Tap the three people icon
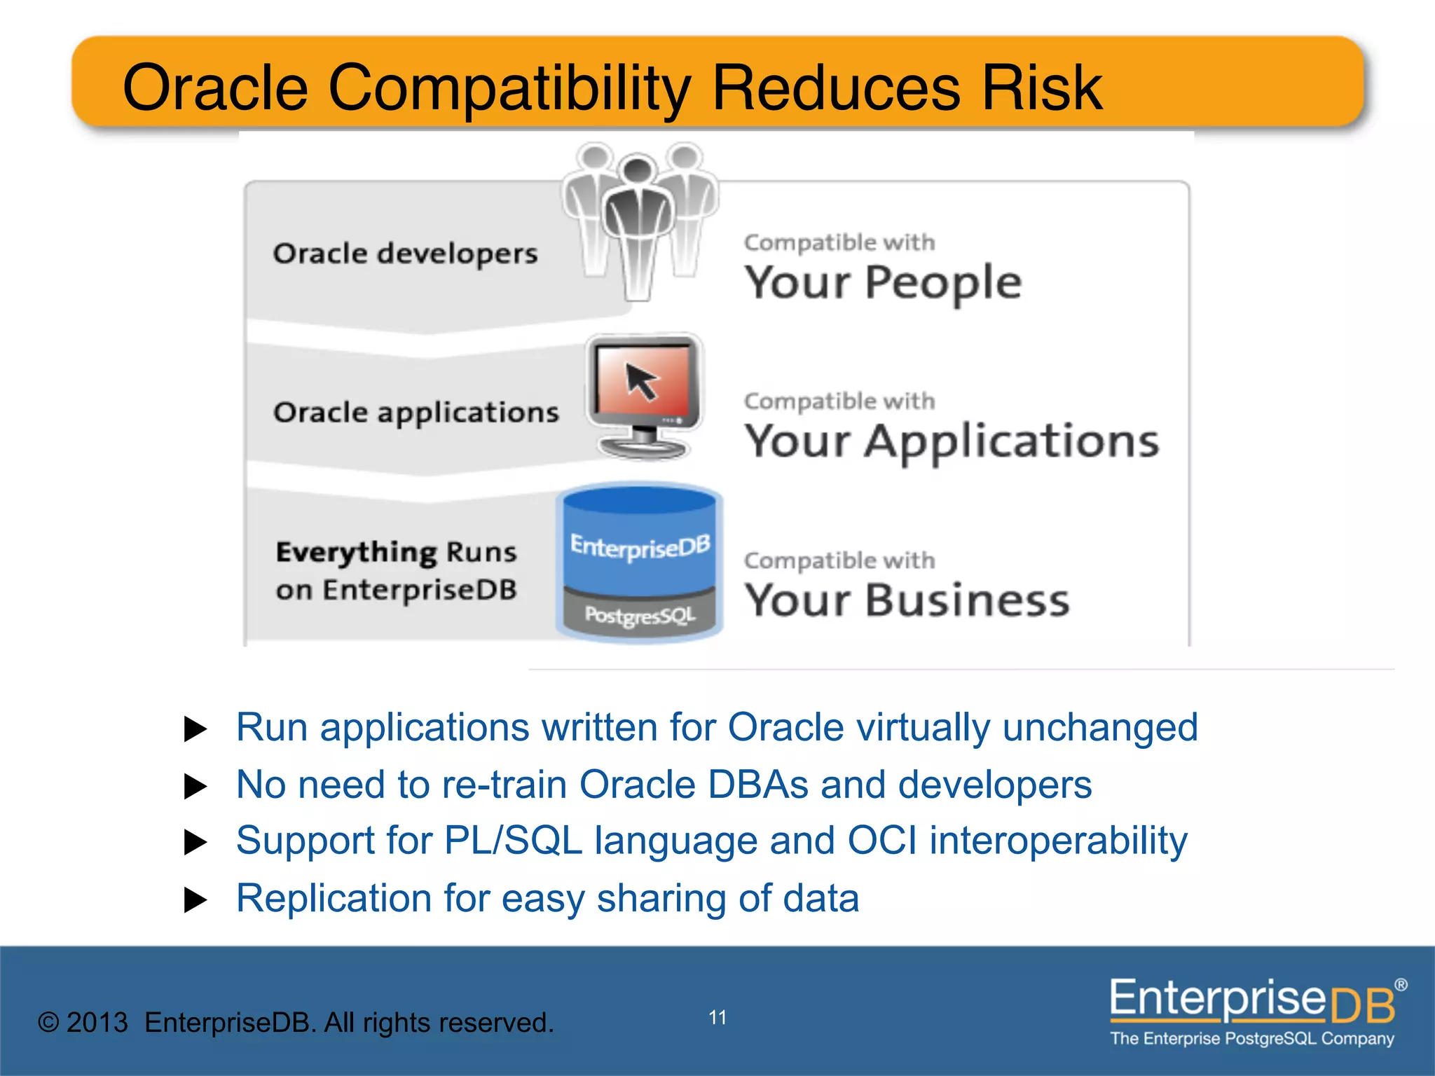[639, 217]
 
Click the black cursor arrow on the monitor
[641, 380]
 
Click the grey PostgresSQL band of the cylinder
[639, 616]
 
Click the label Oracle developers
[405, 254]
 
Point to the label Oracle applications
[416, 413]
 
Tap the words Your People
[882, 283]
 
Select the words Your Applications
[951, 442]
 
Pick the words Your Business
[906, 601]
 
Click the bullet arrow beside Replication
[195, 899]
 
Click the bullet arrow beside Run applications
[195, 729]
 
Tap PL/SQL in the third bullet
[513, 841]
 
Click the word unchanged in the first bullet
[1099, 727]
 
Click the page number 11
[717, 1017]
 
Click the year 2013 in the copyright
[97, 1023]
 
